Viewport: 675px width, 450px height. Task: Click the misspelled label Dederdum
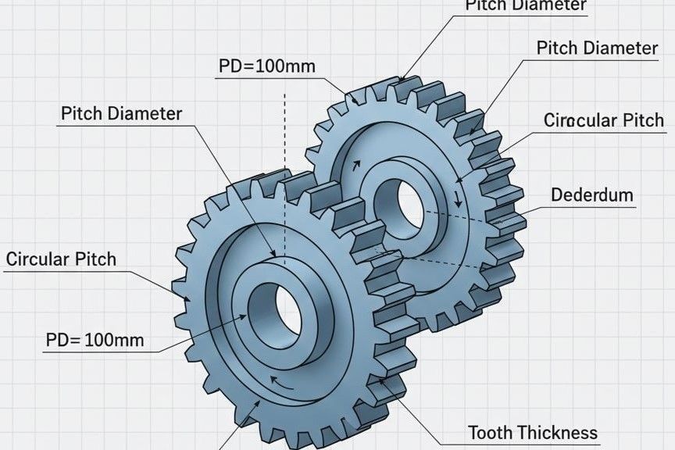point(591,195)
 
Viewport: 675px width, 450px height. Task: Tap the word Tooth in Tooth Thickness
point(491,432)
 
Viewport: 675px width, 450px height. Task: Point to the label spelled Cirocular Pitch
point(603,120)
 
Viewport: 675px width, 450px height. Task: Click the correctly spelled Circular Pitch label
point(60,259)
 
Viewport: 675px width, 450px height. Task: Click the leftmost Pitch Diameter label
point(121,113)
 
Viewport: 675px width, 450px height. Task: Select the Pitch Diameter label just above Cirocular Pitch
point(597,48)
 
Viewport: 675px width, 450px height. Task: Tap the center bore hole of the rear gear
point(409,205)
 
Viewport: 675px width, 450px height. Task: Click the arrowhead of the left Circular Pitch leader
point(187,298)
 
